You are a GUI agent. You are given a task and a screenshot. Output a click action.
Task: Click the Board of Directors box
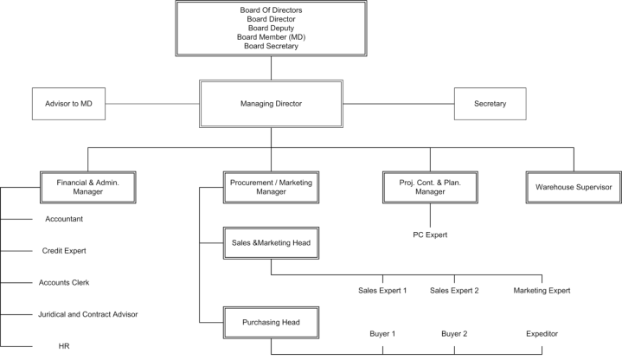(269, 28)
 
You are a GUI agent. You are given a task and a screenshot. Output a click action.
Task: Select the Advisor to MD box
(68, 104)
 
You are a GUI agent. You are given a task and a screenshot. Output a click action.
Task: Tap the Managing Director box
(269, 104)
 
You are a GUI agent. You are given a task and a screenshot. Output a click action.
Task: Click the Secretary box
(491, 104)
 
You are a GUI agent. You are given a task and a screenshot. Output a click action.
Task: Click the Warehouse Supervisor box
(573, 187)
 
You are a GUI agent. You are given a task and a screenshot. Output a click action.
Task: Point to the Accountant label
(63, 219)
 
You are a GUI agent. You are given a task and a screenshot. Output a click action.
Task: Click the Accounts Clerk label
(63, 283)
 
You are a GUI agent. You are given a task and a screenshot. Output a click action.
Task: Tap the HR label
(63, 345)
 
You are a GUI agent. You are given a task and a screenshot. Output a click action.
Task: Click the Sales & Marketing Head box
(271, 245)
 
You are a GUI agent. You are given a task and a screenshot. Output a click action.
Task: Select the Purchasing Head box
(271, 323)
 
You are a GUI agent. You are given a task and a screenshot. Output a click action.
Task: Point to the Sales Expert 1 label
(382, 291)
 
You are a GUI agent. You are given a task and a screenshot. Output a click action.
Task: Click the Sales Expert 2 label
(455, 291)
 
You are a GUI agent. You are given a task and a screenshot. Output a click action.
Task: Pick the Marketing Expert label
(542, 291)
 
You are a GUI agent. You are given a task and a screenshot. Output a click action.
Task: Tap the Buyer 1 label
(382, 333)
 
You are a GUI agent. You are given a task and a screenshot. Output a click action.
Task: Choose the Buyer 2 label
(455, 333)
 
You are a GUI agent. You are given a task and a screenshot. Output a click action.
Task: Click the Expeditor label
(542, 333)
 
